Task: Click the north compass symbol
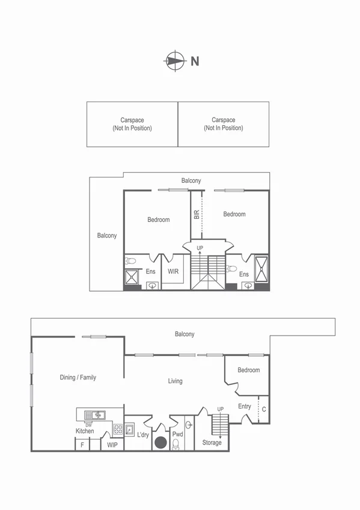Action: [174, 60]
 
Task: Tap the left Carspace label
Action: [132, 124]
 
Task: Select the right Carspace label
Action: [223, 124]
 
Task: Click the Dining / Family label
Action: [78, 378]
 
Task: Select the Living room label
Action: [175, 381]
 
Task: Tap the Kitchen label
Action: [85, 431]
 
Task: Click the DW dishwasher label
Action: [89, 424]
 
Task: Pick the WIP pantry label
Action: [112, 445]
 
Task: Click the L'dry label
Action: [143, 435]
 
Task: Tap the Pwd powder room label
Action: [177, 434]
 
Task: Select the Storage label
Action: [212, 443]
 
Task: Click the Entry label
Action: [245, 407]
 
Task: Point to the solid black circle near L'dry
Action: [160, 443]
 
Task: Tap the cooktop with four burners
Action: [118, 429]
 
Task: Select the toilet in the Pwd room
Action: [176, 444]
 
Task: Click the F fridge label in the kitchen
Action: [82, 446]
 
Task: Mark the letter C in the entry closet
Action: [263, 410]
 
